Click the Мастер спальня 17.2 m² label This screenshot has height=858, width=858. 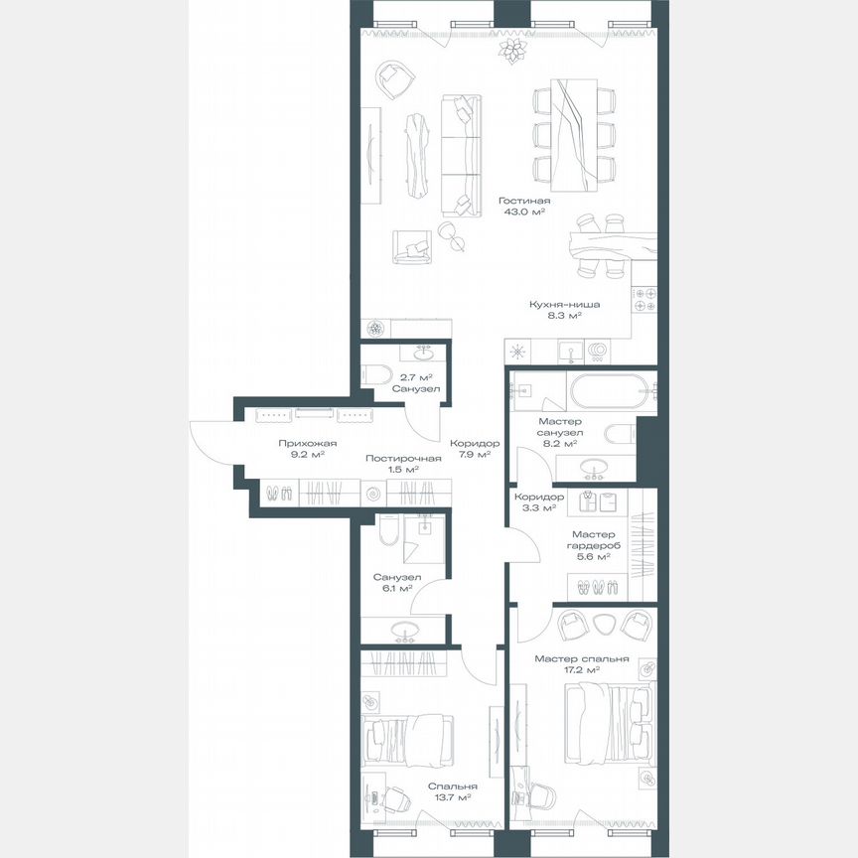click(x=582, y=663)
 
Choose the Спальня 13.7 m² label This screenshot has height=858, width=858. click(x=449, y=790)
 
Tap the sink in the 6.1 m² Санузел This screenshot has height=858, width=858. click(x=404, y=629)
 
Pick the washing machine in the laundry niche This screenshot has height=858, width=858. click(x=371, y=493)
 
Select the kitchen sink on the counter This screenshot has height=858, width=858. click(x=570, y=351)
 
